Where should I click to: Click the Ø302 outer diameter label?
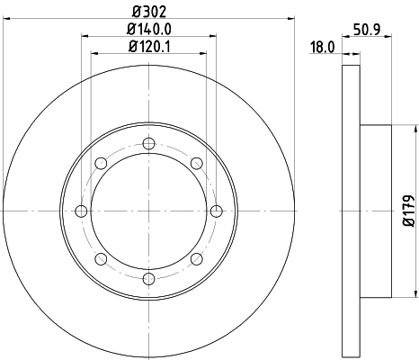tap(148, 11)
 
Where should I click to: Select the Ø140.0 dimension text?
tap(148, 29)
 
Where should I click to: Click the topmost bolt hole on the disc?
tap(148, 142)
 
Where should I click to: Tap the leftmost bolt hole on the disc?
tap(81, 211)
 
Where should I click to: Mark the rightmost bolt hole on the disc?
tap(217, 211)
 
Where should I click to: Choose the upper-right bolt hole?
tap(196, 163)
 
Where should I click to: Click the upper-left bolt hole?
tap(101, 163)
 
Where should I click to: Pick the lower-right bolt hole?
tap(196, 260)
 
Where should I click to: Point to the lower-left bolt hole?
tap(101, 260)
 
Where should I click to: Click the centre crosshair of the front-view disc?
tap(148, 211)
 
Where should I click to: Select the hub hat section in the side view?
tap(376, 211)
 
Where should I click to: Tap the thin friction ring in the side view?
tap(350, 211)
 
